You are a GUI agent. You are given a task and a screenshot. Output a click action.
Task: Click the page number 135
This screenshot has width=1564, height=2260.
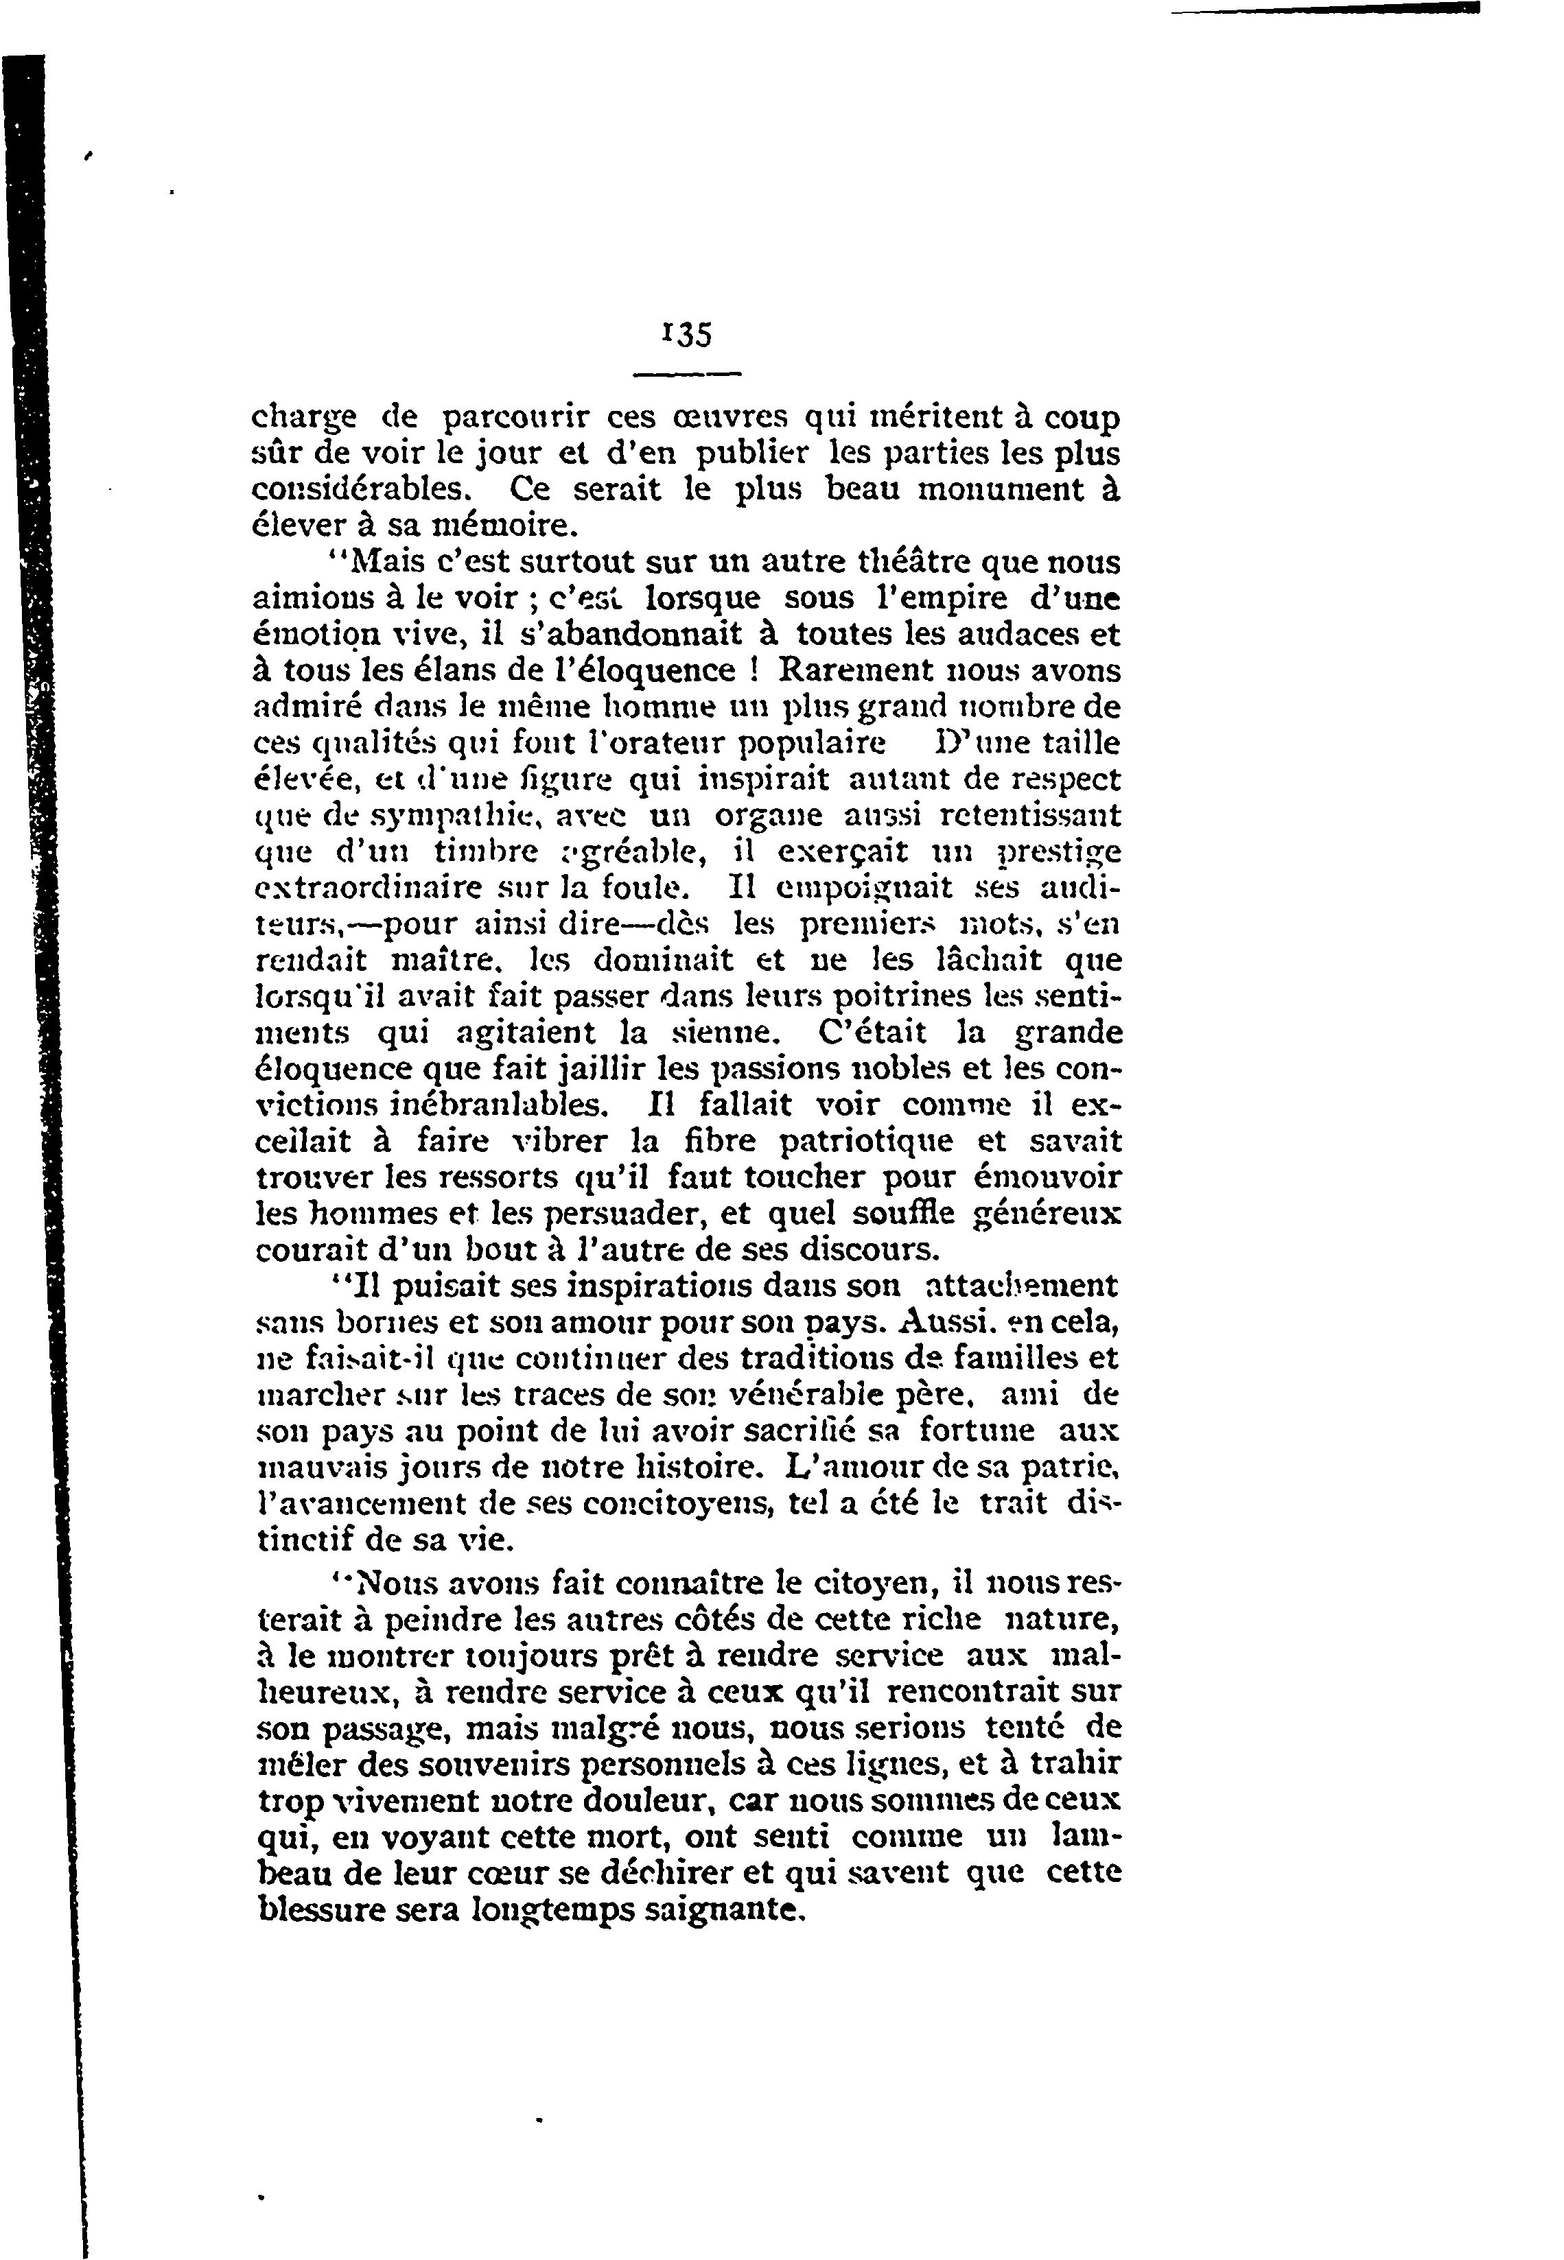[x=686, y=335]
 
